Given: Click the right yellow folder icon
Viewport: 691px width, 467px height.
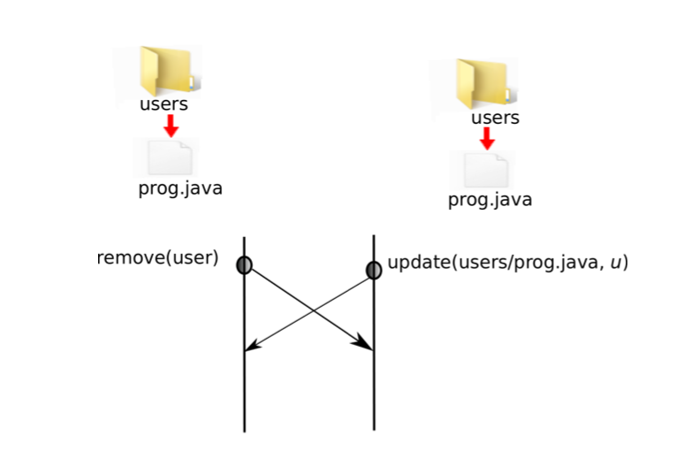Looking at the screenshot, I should (x=482, y=83).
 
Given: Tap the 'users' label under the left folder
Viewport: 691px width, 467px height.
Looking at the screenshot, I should (x=163, y=104).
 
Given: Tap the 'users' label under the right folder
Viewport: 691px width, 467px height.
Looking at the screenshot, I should (x=495, y=118).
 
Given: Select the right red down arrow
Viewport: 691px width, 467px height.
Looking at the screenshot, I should (x=487, y=139).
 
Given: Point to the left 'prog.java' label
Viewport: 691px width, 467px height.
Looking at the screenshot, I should (x=180, y=188).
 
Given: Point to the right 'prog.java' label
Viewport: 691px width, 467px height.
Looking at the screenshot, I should (x=490, y=199).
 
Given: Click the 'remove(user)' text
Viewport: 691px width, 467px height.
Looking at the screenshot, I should (x=158, y=258).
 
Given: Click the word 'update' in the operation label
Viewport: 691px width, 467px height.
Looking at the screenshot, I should (x=418, y=263).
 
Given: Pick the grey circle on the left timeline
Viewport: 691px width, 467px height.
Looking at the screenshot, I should (x=244, y=264).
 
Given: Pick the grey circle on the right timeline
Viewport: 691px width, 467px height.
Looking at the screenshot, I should (x=374, y=270).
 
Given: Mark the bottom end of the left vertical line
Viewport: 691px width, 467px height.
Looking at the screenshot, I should (x=244, y=430).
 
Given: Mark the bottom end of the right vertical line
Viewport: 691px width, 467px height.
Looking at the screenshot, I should (x=374, y=428).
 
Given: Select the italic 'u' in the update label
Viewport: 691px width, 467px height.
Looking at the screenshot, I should (x=614, y=264).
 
